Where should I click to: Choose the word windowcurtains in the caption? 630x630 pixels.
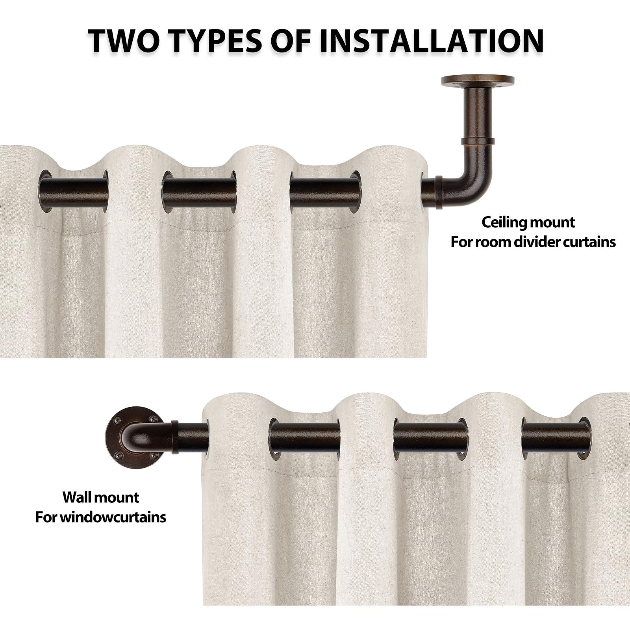click(113, 517)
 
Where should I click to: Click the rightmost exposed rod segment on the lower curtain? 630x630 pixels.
click(556, 438)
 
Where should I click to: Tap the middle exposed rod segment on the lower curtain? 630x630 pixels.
click(430, 437)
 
